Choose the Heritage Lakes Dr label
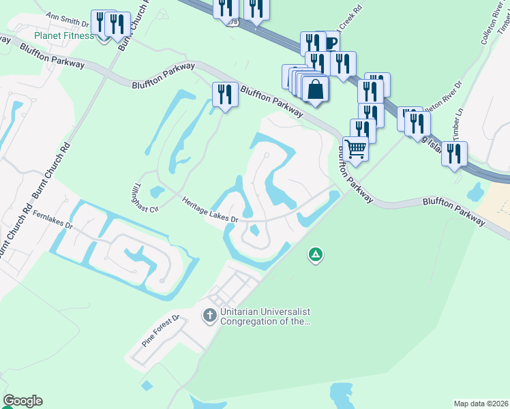tap(209, 209)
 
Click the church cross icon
tap(210, 316)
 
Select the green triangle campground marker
tap(316, 256)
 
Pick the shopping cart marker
tap(355, 147)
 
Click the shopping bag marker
tap(315, 89)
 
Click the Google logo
tap(22, 401)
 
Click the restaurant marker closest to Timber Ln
tap(453, 154)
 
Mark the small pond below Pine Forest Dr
tap(147, 386)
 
